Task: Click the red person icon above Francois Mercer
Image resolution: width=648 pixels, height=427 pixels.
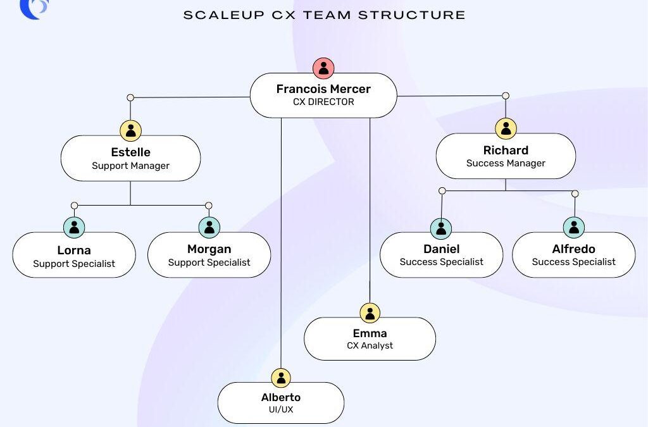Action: pos(323,68)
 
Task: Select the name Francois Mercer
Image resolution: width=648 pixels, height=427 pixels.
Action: pos(323,89)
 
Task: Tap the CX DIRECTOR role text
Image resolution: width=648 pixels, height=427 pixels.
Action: pos(323,102)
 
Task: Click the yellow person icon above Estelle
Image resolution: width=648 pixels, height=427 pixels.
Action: pos(130,131)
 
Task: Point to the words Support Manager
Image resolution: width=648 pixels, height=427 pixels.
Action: pos(130,166)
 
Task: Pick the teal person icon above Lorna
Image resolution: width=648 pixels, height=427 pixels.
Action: pos(74,227)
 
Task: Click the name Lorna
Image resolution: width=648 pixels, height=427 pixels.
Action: pos(74,250)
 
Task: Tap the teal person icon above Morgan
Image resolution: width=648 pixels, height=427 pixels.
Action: pos(209,227)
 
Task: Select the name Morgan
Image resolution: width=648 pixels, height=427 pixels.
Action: pos(209,249)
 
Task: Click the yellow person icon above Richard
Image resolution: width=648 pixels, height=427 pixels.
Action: pos(506,129)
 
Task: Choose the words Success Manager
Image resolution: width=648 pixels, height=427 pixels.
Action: pos(506,163)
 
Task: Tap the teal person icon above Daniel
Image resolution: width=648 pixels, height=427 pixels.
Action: pos(441,228)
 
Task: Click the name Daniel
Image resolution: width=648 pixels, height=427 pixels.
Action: pos(441,249)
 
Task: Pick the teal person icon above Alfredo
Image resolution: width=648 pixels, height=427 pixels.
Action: pos(574,227)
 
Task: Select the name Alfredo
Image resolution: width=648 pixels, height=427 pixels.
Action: pos(573,249)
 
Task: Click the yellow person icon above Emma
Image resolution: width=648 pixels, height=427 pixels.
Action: pos(370,313)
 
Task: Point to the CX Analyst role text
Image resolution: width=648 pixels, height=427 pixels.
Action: pos(370,345)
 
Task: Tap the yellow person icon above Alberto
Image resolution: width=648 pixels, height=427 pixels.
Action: pos(280,378)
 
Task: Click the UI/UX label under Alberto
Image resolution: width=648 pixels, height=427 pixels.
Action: pos(280,410)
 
